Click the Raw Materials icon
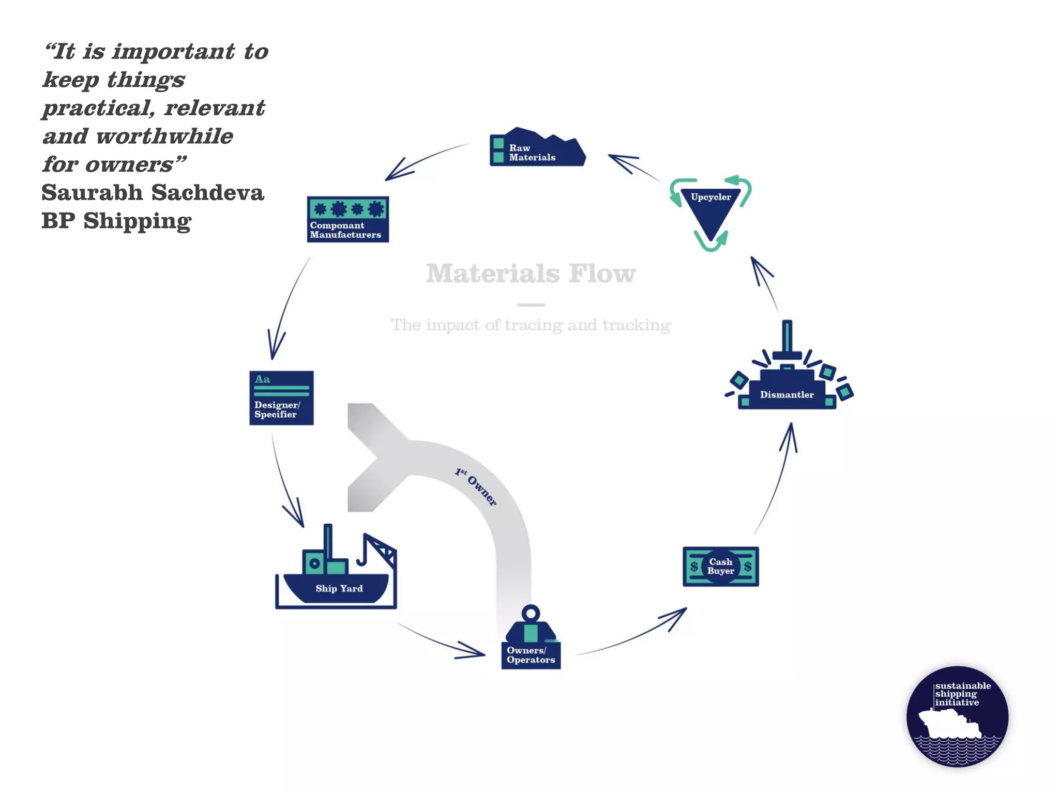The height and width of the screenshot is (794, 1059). point(537,149)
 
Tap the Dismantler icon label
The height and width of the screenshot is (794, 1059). point(786,394)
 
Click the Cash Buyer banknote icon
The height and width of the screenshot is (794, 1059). point(720,567)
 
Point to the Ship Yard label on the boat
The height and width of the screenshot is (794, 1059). point(339,588)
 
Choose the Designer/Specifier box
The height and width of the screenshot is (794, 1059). point(281,398)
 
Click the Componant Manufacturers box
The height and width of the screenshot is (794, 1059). point(347,219)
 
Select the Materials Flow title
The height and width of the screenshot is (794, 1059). point(531,273)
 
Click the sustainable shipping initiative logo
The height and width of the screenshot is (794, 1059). point(957,716)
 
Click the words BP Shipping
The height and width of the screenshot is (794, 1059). point(116,221)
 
